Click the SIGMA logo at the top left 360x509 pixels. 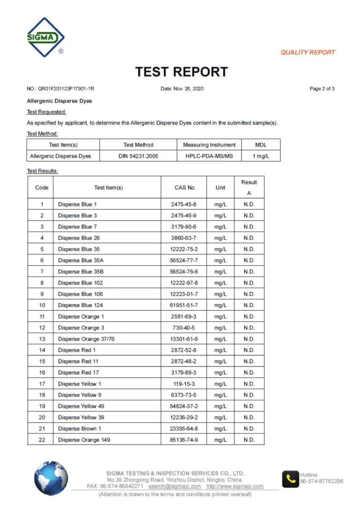[45, 37]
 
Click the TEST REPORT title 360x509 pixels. [181, 72]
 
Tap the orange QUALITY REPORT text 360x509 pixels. [307, 52]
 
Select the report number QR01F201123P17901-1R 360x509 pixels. [63, 89]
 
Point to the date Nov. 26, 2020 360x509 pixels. [182, 89]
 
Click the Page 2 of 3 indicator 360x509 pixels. [322, 89]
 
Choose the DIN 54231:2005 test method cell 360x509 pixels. [138, 156]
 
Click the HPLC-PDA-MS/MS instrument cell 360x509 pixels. [209, 156]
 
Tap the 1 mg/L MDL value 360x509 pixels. [261, 156]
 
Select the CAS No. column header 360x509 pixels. [185, 187]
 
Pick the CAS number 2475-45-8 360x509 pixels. [184, 204]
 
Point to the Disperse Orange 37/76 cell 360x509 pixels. [86, 339]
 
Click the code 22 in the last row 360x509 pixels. [42, 440]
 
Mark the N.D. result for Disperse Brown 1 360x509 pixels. [249, 429]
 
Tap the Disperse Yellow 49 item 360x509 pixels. [81, 406]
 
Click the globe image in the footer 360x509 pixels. [51, 478]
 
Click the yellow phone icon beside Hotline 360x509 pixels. [290, 479]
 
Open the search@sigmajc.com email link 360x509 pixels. [174, 487]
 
